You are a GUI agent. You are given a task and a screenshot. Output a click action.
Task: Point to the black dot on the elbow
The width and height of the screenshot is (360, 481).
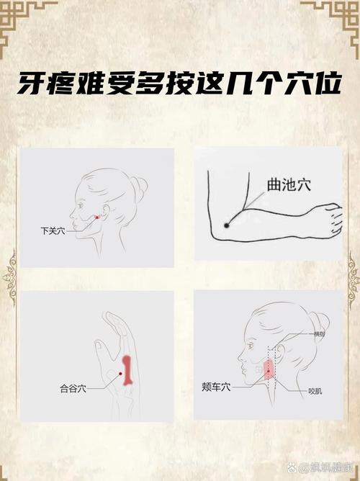pos(226,225)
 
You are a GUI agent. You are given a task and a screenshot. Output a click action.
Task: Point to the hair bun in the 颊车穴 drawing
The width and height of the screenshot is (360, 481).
pos(320,322)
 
